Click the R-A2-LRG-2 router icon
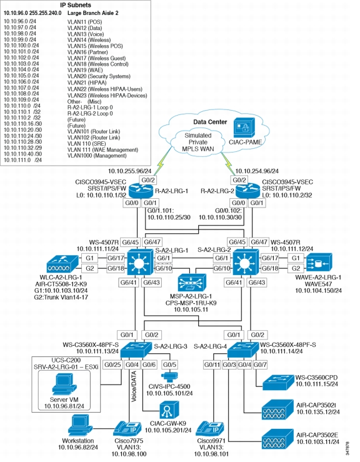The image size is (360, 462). click(x=247, y=191)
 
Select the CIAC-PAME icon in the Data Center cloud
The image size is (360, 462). click(x=244, y=128)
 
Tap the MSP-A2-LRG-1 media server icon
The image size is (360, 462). click(x=192, y=283)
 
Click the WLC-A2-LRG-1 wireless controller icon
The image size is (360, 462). click(x=62, y=263)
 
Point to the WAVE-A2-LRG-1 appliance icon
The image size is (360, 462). click(x=319, y=262)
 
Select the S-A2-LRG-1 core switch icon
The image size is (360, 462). click(x=140, y=263)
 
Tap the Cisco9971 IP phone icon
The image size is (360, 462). click(x=210, y=428)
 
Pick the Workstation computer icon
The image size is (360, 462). click(x=80, y=425)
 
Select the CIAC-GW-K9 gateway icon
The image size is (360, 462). click(x=169, y=410)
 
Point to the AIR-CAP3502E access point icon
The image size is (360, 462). click(x=277, y=439)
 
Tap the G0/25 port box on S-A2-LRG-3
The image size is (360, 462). click(x=112, y=364)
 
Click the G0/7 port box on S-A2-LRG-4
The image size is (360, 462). click(x=260, y=364)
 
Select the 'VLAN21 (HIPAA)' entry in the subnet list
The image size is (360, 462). click(x=87, y=83)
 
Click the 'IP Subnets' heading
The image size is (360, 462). click(x=76, y=5)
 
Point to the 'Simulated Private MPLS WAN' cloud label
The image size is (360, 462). click(x=198, y=142)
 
